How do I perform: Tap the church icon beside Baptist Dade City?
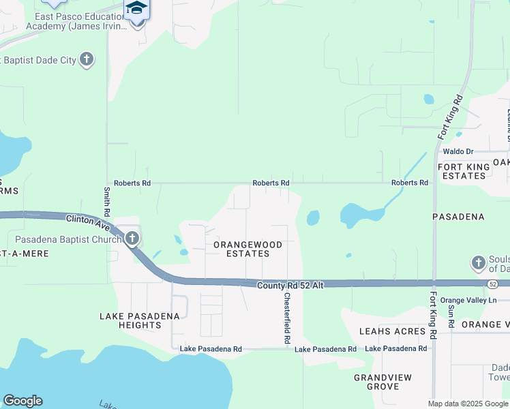[x=87, y=60]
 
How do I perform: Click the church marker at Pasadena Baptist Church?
[x=132, y=239]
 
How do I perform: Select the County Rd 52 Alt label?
[x=290, y=286]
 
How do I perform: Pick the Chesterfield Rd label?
[x=287, y=318]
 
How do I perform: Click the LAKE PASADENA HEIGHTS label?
[x=140, y=320]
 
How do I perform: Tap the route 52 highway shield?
[x=492, y=282]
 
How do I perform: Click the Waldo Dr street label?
[x=457, y=151]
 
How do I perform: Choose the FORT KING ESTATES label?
[x=462, y=171]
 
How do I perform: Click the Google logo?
[x=22, y=401]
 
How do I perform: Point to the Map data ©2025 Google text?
[x=468, y=404]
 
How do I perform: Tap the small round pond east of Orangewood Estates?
[x=313, y=217]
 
